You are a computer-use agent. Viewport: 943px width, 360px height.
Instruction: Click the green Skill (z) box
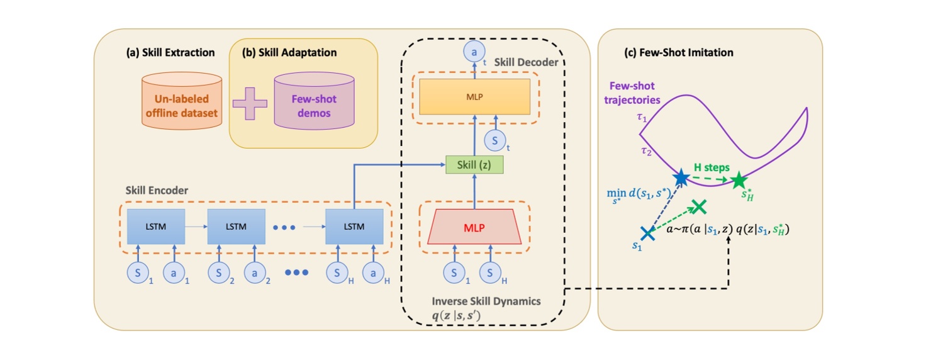pos(475,164)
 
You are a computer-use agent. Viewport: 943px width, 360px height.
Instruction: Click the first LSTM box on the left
pos(156,226)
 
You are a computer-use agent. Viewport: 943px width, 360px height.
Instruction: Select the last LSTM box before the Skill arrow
pos(354,226)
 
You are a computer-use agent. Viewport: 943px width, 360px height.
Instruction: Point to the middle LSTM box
pos(237,226)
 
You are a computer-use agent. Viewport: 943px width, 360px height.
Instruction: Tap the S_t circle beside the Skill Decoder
pos(495,141)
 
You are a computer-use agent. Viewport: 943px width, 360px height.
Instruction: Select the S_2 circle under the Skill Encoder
pos(218,273)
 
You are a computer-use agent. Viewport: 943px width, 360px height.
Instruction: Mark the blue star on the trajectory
pos(681,178)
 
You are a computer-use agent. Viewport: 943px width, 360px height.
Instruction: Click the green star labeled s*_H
pos(738,181)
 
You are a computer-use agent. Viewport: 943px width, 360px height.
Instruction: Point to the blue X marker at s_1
pos(647,232)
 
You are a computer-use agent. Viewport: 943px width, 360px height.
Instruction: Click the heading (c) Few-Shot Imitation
pos(679,53)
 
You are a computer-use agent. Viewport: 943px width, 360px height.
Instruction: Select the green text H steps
pos(711,167)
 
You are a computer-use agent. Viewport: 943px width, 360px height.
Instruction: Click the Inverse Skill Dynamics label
pos(486,301)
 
